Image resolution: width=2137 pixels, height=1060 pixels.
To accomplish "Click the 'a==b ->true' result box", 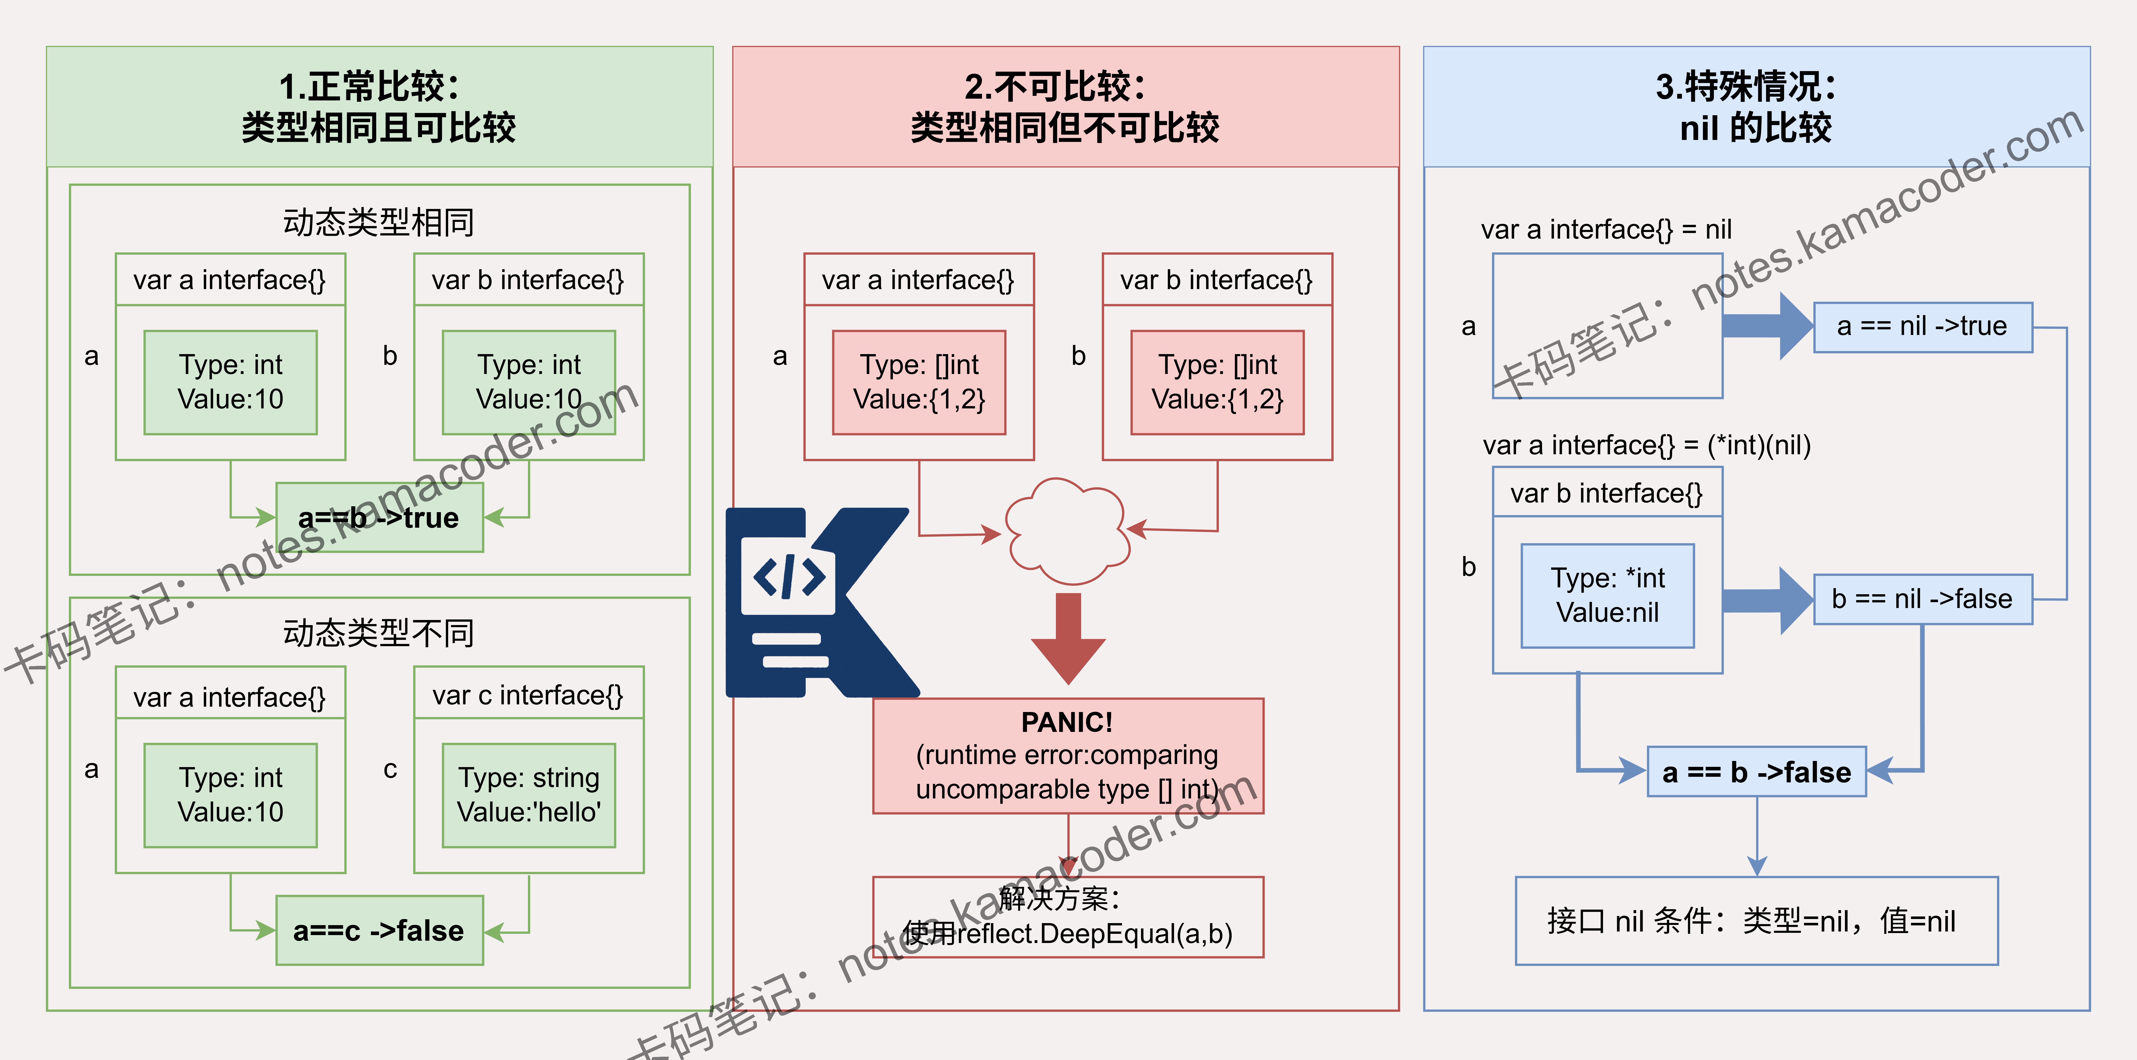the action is point(379,518).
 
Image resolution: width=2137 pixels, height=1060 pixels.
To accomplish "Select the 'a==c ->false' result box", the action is point(379,930).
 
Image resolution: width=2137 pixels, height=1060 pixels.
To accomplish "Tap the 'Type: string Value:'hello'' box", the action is point(529,795).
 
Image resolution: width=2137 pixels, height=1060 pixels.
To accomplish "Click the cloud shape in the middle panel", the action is point(1067,531).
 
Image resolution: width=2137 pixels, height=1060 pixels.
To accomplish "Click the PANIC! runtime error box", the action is point(1069,756).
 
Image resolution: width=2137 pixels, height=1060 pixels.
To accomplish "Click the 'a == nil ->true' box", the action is point(1923,327).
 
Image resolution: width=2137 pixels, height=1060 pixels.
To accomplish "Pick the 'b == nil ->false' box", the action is point(1923,599).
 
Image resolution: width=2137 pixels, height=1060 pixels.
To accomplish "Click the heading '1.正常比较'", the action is point(369,86).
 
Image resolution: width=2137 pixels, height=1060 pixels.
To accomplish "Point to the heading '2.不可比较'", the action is point(1055,86).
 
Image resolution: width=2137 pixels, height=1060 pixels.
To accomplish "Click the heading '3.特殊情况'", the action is point(1746,86).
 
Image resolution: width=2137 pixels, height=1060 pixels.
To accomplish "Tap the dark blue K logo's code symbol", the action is point(789,576).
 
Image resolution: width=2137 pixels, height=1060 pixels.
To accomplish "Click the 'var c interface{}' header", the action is point(528,695).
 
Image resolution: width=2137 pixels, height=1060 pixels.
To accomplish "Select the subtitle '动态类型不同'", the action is point(379,634).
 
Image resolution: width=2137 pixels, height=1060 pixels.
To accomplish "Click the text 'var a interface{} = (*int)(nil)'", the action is point(1647,445).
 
